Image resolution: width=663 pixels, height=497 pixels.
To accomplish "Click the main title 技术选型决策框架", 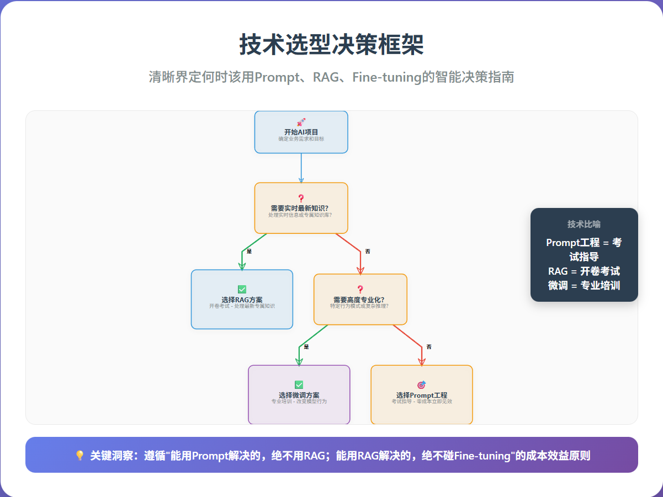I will point(331,44).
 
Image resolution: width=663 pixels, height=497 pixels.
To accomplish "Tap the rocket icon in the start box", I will point(301,122).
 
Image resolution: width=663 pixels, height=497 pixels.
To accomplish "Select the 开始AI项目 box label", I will point(301,132).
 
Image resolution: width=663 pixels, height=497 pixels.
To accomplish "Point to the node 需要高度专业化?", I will point(360,300).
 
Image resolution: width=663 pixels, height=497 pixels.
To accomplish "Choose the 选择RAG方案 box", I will point(242,300).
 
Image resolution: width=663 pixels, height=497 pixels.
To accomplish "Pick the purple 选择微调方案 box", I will point(299,395).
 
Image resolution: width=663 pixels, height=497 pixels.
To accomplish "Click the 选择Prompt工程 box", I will point(421,395).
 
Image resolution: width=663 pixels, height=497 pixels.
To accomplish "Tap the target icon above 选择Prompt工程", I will point(421,384).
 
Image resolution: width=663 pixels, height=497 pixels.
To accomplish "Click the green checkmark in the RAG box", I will point(242,289).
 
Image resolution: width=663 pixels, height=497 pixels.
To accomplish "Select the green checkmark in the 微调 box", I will point(299,384).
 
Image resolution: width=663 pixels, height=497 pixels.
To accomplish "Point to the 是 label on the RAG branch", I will point(249,252).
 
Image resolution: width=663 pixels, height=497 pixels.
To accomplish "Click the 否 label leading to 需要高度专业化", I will point(368,252).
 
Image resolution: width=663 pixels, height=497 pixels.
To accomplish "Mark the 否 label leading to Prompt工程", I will point(429,347).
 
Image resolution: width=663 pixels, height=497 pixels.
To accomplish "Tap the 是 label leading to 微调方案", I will point(306,347).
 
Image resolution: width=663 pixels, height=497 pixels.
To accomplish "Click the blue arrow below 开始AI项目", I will point(301,168).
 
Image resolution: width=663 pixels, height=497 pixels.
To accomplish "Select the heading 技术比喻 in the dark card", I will point(584,225).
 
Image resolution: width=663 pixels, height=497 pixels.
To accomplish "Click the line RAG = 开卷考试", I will point(584,271).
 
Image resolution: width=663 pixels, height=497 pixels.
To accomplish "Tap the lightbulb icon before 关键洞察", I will point(79,456).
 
